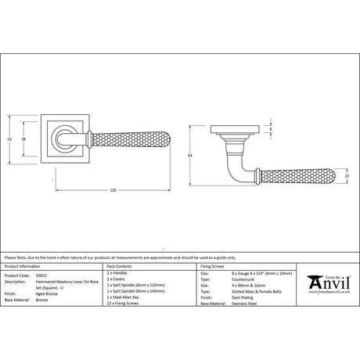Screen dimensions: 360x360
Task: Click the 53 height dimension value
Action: [9, 139]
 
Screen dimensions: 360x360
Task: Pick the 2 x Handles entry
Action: [117, 276]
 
